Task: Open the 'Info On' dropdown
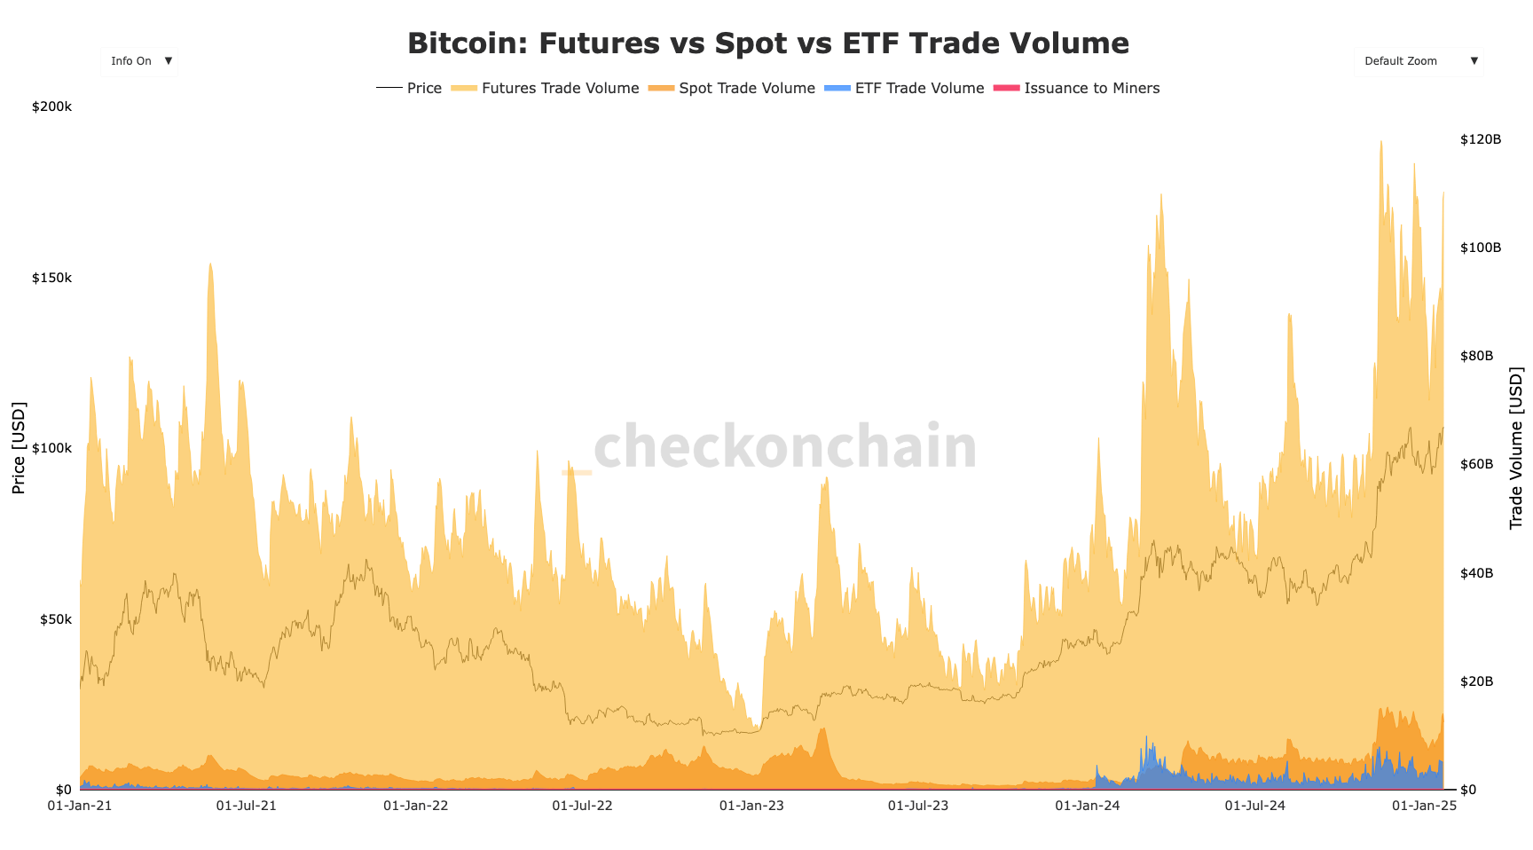139,61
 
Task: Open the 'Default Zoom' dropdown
1418,61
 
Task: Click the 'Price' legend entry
410,88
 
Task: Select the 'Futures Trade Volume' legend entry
546,88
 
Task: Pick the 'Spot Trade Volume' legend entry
733,88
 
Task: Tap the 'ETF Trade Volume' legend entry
905,88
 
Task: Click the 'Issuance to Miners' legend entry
1077,88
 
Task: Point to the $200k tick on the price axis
51,106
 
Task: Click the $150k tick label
51,278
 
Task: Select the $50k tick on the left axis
55,619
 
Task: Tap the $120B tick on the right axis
1481,139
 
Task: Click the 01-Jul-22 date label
582,806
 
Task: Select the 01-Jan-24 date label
1088,806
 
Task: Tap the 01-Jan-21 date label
80,806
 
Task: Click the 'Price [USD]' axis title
19,448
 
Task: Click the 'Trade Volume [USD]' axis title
1515,448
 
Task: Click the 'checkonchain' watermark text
784,446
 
